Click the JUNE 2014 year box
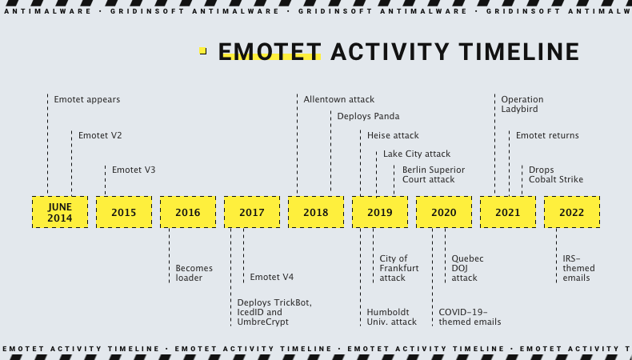[x=59, y=212]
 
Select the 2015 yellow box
[x=123, y=212]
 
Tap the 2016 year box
[x=187, y=212]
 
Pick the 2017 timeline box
[x=251, y=212]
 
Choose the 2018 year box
[x=315, y=212]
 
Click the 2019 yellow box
[x=379, y=212]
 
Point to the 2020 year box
[x=443, y=212]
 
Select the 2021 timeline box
[x=507, y=212]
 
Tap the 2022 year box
[x=571, y=212]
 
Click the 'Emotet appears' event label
[x=86, y=99]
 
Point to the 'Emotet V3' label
[x=134, y=170]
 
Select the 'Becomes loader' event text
[x=190, y=273]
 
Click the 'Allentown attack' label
[x=338, y=99]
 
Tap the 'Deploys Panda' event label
[x=368, y=116]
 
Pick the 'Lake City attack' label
[x=416, y=154]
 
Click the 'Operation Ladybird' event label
[x=522, y=104]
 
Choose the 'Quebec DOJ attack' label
[x=467, y=268]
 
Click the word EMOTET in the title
[x=270, y=52]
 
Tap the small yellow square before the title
[x=203, y=51]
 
